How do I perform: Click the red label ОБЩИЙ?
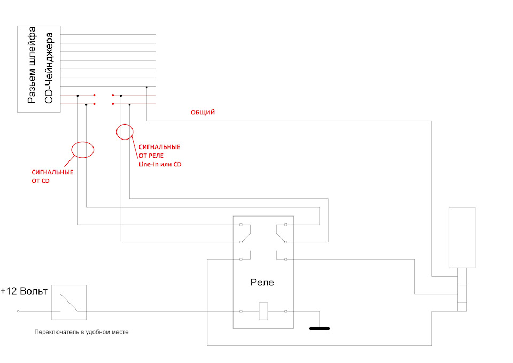(203, 112)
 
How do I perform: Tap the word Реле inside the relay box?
(262, 282)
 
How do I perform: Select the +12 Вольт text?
(24, 291)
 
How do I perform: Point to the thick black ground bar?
(320, 328)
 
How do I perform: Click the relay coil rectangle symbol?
(263, 311)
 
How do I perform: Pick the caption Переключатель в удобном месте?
(81, 332)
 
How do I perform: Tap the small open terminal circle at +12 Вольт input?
(18, 311)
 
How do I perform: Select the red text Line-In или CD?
(160, 164)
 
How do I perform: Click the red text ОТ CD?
(41, 181)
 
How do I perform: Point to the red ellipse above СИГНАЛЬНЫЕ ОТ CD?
(72, 150)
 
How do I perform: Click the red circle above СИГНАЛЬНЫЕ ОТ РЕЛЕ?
(117, 132)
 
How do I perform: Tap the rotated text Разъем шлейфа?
(32, 65)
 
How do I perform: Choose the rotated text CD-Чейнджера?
(49, 68)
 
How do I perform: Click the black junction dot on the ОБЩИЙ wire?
(146, 87)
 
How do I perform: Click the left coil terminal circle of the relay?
(241, 311)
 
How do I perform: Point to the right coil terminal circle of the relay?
(286, 311)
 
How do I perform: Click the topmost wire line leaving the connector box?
(108, 34)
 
